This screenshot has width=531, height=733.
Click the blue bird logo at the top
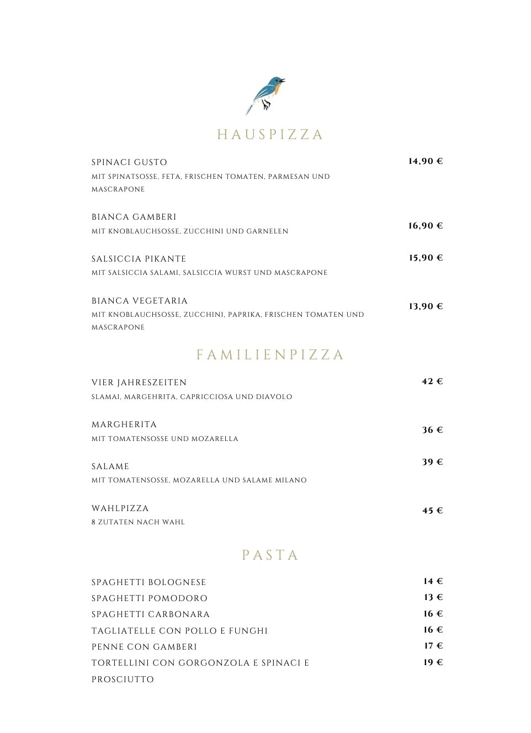[x=266, y=94]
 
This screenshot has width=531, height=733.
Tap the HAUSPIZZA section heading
[x=270, y=135]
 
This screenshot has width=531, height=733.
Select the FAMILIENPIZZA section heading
[x=270, y=354]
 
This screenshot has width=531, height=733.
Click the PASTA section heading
[x=270, y=555]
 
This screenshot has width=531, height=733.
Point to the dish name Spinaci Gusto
[x=129, y=162]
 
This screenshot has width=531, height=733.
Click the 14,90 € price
[x=426, y=161]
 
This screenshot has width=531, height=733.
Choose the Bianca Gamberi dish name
[x=134, y=217]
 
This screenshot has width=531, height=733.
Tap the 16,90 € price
[x=426, y=226]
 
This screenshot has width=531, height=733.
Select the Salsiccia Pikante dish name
[x=139, y=259]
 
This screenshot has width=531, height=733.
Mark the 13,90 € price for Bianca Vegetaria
[x=426, y=306]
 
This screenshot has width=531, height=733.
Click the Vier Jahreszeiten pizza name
[x=139, y=383]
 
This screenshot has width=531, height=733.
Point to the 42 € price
[x=432, y=381]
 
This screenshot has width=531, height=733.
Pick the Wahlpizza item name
[x=120, y=508]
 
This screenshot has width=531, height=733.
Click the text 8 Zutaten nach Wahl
[x=138, y=522]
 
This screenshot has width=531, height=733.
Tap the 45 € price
[x=432, y=511]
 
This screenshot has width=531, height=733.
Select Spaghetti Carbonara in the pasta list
[x=151, y=614]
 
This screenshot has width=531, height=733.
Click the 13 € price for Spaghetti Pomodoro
[x=433, y=597]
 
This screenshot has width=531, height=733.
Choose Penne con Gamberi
[x=144, y=647]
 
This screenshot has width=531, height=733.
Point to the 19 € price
[x=433, y=662]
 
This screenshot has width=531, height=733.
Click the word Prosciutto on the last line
[x=123, y=679]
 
